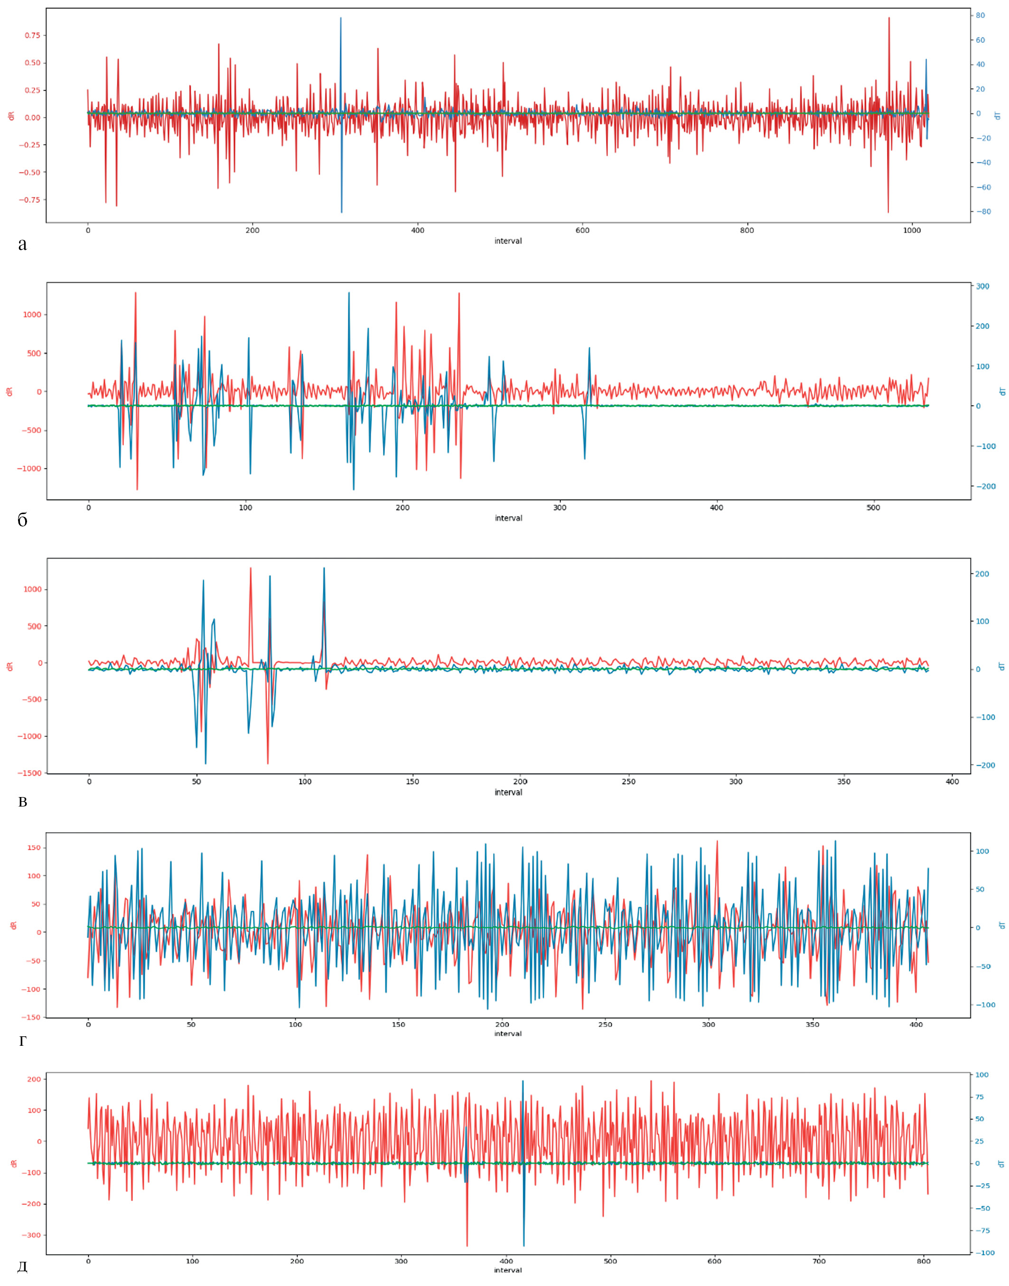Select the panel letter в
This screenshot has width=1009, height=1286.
tap(22, 802)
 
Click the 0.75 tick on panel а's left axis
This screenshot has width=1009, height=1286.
tap(32, 36)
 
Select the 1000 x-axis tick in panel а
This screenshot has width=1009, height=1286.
tap(912, 230)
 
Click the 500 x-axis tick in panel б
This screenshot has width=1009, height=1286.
tap(874, 507)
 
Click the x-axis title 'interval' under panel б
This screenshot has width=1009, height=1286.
tap(508, 518)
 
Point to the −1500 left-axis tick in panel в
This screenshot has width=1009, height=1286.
tap(29, 773)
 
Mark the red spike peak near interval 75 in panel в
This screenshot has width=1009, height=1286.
tap(251, 568)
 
